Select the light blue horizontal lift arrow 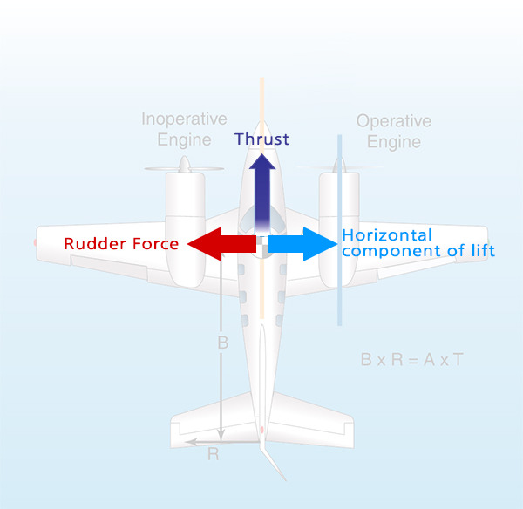tap(301, 245)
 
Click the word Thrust tap(261, 139)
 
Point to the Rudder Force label tap(121, 244)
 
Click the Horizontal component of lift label tap(418, 243)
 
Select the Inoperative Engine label tap(184, 129)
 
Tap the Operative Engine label tap(394, 132)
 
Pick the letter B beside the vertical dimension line tap(222, 343)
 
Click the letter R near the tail tap(213, 454)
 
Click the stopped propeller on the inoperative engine tap(183, 166)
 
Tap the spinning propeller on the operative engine tap(340, 166)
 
